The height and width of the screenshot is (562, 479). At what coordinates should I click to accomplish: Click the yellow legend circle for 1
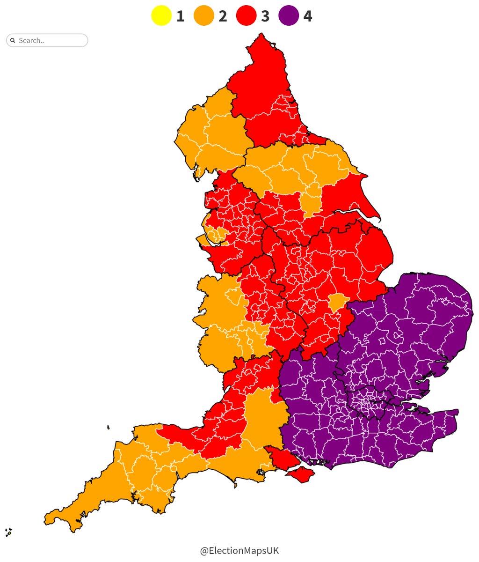click(161, 16)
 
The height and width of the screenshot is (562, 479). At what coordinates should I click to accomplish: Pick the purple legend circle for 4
click(289, 16)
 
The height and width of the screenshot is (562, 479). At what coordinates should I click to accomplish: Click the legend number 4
click(307, 16)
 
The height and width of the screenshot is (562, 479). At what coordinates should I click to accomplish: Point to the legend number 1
click(180, 16)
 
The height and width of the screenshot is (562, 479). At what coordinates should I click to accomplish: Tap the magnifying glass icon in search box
click(13, 40)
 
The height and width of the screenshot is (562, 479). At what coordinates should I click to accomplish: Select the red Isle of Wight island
click(300, 475)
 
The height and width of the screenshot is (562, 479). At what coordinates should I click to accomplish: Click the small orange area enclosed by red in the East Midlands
click(336, 302)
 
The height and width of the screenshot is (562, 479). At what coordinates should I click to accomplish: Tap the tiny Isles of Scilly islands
click(8, 532)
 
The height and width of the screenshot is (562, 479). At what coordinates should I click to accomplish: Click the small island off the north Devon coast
click(108, 427)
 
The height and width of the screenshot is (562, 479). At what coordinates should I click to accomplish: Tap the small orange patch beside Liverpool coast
click(216, 234)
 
